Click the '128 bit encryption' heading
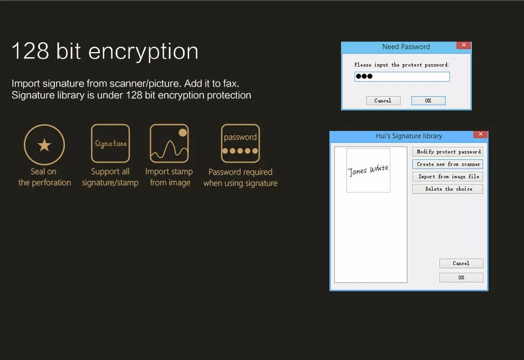click(x=105, y=52)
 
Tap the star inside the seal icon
click(x=44, y=145)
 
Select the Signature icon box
click(x=110, y=143)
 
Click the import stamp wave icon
click(x=169, y=143)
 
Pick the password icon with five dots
click(x=240, y=143)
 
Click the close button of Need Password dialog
click(x=464, y=45)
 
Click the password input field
click(x=402, y=77)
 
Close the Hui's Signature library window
click(x=480, y=134)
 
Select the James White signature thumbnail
click(x=368, y=170)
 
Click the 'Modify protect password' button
click(x=448, y=152)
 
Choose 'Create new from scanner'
click(x=448, y=164)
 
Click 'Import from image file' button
click(x=448, y=176)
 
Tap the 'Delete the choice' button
click(x=448, y=189)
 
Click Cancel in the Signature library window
click(x=461, y=263)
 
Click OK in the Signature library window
click(x=461, y=278)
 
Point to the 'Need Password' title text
click(x=406, y=47)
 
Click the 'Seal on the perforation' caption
click(x=44, y=177)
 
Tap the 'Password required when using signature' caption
click(x=240, y=178)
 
